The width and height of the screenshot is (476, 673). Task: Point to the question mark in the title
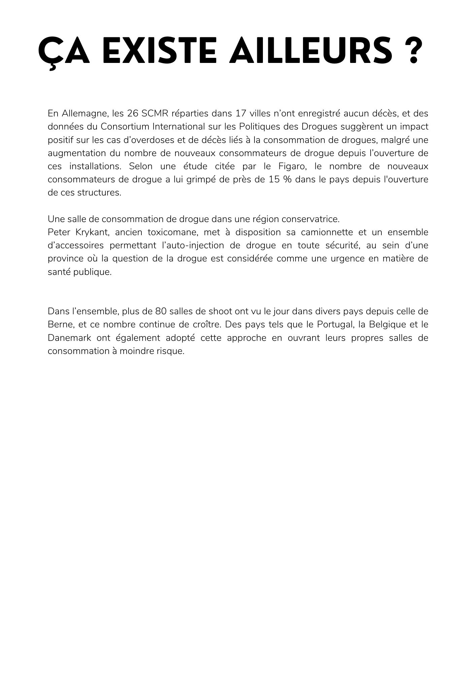(x=411, y=51)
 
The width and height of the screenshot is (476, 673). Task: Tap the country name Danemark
(x=69, y=338)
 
